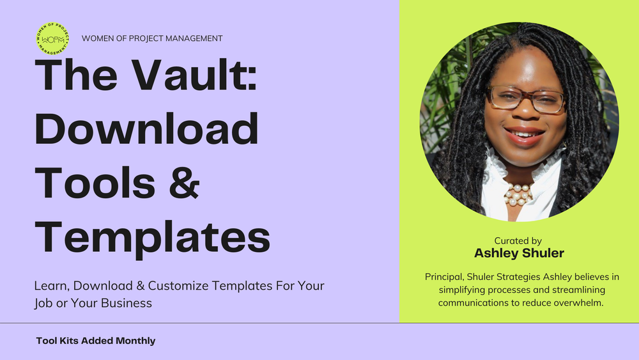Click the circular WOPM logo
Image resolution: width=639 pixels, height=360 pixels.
[x=52, y=38]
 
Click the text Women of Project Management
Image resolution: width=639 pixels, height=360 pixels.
[x=152, y=38]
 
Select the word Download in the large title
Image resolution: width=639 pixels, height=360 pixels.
[x=146, y=129]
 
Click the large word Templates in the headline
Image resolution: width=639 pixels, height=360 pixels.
[x=152, y=237]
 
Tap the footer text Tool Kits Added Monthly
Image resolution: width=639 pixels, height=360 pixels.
[x=96, y=341]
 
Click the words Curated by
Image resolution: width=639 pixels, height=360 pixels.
[x=518, y=241]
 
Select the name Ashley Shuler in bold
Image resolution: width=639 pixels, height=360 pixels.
[x=518, y=254]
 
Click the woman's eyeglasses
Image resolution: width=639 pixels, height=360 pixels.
[x=525, y=100]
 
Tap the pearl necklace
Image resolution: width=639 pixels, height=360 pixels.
[x=518, y=194]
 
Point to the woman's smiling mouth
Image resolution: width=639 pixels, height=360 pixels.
[x=524, y=135]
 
